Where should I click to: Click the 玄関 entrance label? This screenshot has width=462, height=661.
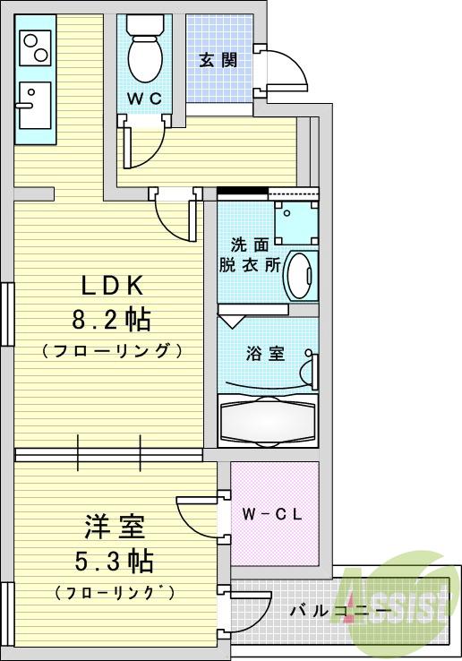click(x=218, y=60)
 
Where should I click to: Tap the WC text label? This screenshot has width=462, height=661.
click(x=143, y=99)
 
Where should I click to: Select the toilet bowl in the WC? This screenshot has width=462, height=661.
click(x=143, y=54)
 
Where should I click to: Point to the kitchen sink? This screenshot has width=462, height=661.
click(x=35, y=103)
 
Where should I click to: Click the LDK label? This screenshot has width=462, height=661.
click(x=113, y=287)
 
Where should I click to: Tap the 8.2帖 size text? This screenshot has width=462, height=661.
click(x=112, y=318)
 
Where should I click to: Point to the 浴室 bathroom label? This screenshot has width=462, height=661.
click(x=265, y=353)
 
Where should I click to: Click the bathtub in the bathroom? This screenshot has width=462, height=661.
click(x=267, y=421)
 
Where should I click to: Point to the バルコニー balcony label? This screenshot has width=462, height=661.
click(x=339, y=613)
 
